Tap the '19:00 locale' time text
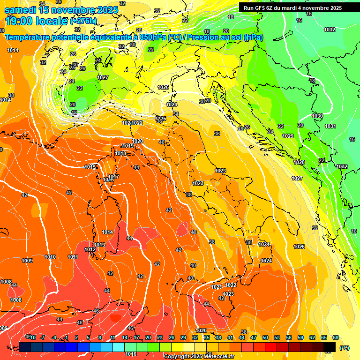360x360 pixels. pyautogui.click(x=36, y=21)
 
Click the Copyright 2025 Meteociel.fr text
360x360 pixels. pyautogui.click(x=199, y=356)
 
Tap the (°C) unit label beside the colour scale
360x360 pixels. pyautogui.click(x=344, y=348)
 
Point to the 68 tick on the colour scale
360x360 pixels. pyautogui.click(x=336, y=337)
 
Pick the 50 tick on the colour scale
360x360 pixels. pyautogui.click(x=265, y=337)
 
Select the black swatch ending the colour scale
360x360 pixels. pyautogui.click(x=330, y=347)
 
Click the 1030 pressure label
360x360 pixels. pyautogui.click(x=317, y=116)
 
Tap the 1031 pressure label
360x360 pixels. pyautogui.click(x=330, y=126)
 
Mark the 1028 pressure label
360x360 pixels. pyautogui.click(x=299, y=162)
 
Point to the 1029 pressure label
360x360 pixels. pyautogui.click(x=288, y=136)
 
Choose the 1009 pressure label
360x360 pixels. pyautogui.click(x=27, y=261)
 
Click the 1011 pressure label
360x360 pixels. pyautogui.click(x=73, y=257)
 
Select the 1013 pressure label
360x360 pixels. pyautogui.click(x=99, y=245)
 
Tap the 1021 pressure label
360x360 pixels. pyautogui.click(x=216, y=287)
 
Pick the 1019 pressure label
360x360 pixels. pyautogui.click(x=128, y=146)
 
